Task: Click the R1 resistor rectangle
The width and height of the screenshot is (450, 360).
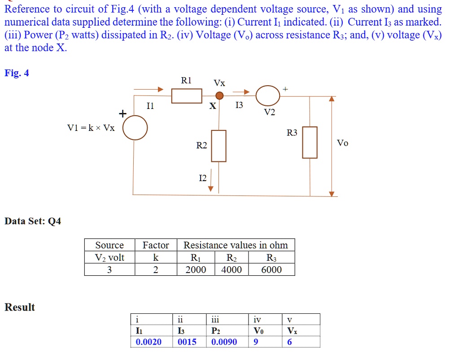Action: (187, 96)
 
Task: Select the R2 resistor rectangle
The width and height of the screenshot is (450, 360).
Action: (218, 146)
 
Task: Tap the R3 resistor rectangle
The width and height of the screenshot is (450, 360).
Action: (310, 142)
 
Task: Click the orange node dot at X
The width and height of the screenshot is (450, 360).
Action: (219, 95)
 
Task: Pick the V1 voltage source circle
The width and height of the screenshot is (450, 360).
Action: (135, 128)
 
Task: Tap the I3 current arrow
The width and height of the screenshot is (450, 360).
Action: (240, 92)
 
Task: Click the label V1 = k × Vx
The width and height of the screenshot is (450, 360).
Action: (91, 128)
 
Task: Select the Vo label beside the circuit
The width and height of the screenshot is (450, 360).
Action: (342, 143)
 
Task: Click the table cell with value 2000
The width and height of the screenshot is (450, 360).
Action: (196, 269)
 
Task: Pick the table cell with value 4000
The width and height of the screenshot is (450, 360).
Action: (232, 269)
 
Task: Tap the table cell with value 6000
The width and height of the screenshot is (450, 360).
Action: (271, 269)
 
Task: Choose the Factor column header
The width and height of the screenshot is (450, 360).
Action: (156, 245)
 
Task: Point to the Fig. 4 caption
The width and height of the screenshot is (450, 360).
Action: (17, 73)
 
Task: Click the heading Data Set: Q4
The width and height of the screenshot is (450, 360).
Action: (32, 221)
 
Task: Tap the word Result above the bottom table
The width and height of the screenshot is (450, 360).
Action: (20, 307)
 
